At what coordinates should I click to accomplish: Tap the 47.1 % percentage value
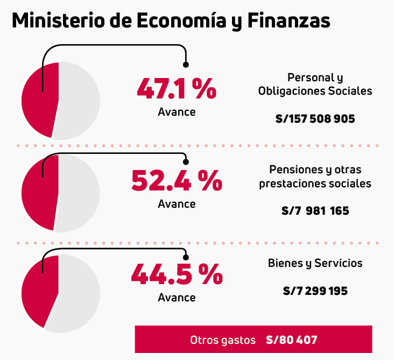(x=176, y=89)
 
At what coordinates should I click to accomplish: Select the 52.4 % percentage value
(x=176, y=181)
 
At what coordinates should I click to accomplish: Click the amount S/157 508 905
(x=315, y=119)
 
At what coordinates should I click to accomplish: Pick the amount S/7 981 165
(x=315, y=211)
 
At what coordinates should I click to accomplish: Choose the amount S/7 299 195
(x=315, y=291)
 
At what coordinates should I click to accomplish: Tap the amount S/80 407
(x=291, y=340)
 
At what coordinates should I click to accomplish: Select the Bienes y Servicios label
(x=315, y=263)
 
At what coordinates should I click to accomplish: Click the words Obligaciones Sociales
(x=315, y=91)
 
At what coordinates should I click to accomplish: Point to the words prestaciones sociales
(x=315, y=183)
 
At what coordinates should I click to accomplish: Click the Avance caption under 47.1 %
(x=177, y=112)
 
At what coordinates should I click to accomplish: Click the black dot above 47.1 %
(x=186, y=65)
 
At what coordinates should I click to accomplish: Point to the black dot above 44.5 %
(x=186, y=257)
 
